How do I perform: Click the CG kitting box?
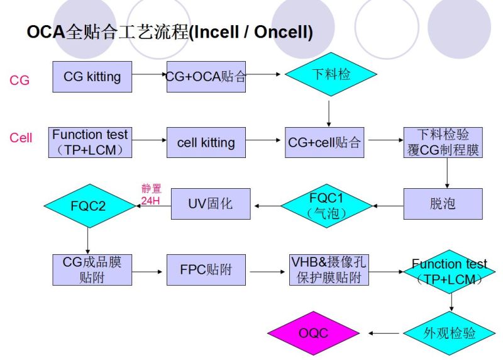point(92,77)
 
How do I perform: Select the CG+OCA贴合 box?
point(206,77)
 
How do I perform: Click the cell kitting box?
point(206,142)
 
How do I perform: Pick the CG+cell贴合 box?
point(325,142)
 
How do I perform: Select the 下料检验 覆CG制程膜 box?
point(443,142)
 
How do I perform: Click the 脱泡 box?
point(443,204)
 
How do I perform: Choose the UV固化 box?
point(210,204)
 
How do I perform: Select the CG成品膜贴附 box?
point(92,269)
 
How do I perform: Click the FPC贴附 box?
point(206,269)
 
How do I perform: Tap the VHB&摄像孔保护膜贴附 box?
point(329,269)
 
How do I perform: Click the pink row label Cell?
point(21,138)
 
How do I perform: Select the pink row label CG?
point(19,81)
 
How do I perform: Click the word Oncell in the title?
point(280,32)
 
